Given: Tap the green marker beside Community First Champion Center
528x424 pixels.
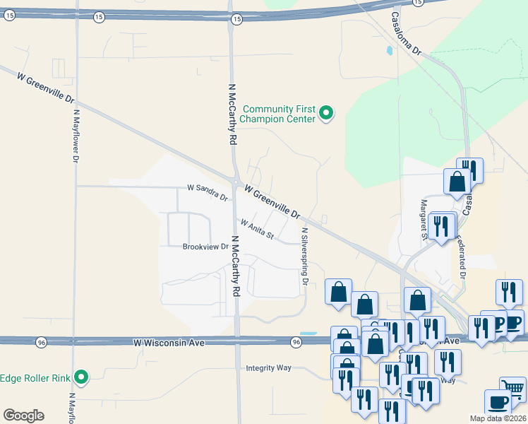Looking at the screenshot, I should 325,112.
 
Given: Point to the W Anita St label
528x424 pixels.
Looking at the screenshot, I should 257,229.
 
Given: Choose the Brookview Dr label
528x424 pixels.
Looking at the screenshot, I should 205,247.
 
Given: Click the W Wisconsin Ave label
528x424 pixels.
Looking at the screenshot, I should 169,342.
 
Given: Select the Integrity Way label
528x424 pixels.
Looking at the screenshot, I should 268,367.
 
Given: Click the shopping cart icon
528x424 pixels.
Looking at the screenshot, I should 512,387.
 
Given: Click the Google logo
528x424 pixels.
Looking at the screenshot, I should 23,416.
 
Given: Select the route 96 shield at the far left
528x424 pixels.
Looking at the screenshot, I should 42,342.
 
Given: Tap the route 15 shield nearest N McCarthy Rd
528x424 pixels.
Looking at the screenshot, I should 236,18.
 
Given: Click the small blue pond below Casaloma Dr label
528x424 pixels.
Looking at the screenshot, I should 389,51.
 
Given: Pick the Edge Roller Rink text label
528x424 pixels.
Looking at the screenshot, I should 35,377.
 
